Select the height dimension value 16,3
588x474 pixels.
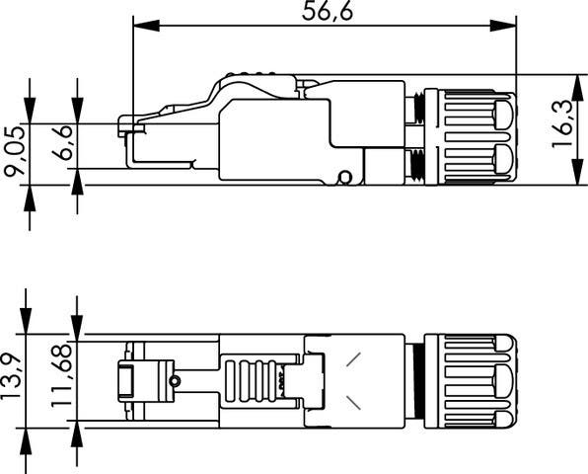pos(564,128)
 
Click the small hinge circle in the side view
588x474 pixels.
pos(344,177)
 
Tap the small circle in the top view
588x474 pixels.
pos(175,381)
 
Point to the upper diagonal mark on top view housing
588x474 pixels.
pos(353,360)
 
